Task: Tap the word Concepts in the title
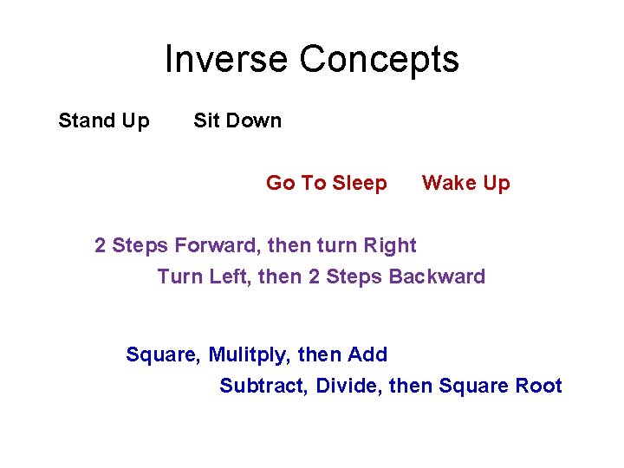[380, 60]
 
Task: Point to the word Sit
[206, 120]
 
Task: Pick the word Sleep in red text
[360, 184]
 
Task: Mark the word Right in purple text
[391, 246]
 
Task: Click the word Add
[367, 354]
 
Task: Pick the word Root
[539, 386]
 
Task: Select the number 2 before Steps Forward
[101, 245]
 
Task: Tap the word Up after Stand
[136, 121]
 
